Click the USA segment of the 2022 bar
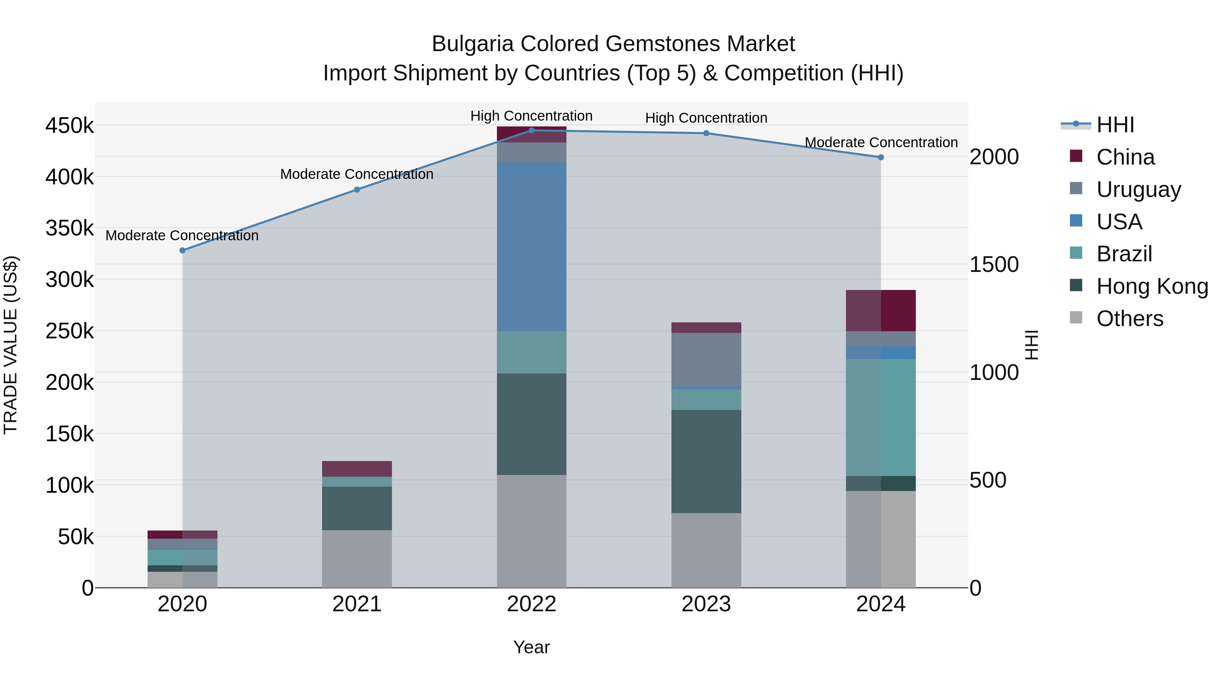[532, 246]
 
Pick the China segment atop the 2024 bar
[880, 310]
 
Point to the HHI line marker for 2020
[182, 250]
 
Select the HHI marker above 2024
[880, 157]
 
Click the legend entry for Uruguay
[1138, 189]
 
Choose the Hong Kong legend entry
[1152, 286]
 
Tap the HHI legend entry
[1115, 125]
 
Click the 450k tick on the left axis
[70, 126]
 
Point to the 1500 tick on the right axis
[994, 264]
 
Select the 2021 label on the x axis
[357, 604]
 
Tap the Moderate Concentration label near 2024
[881, 142]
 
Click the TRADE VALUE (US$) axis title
[11, 345]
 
